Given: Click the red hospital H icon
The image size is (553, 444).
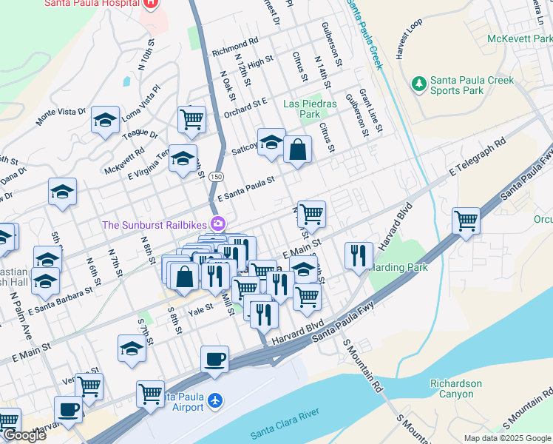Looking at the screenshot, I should (151, 3).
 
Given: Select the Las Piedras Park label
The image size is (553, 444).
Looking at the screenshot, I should (310, 109).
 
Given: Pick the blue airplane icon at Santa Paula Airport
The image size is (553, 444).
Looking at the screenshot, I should (215, 400).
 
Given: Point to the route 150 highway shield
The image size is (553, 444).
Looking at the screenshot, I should (215, 177).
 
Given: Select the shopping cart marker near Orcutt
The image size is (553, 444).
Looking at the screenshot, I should (466, 221).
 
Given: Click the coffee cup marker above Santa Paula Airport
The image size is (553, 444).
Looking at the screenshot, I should (214, 359).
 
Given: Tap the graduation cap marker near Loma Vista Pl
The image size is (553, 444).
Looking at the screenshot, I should (105, 119).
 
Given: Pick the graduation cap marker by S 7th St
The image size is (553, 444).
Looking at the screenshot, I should (132, 349).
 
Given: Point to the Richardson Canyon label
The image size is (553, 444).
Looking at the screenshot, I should (456, 388).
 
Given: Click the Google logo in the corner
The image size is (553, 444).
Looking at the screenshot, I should (24, 435).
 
